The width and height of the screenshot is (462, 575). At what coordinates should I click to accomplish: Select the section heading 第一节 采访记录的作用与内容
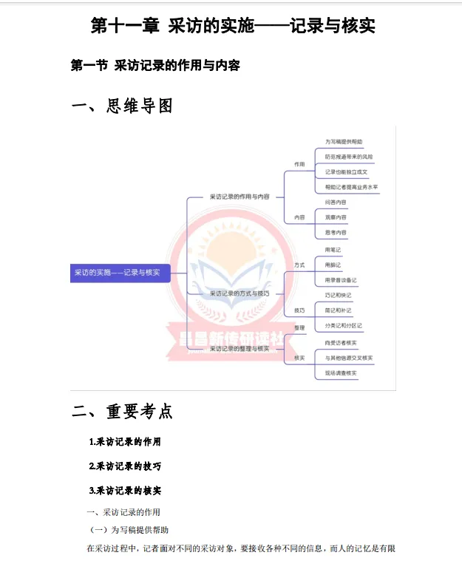155,66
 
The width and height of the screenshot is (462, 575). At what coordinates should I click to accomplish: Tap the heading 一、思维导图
122,106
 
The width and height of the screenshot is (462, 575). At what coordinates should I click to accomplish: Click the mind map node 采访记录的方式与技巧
240,293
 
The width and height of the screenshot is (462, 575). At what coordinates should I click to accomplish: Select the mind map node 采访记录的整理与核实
240,347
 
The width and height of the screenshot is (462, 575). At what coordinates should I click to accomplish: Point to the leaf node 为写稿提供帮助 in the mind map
344,141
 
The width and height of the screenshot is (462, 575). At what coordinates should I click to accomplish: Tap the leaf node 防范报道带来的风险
349,157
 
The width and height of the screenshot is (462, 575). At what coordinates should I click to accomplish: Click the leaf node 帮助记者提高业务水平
351,187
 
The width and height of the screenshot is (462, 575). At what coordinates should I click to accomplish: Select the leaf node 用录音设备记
341,280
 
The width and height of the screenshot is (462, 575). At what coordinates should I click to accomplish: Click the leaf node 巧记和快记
339,295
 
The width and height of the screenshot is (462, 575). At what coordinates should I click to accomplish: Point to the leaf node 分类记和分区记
343,325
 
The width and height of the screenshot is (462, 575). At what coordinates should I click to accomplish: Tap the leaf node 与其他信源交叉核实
348,358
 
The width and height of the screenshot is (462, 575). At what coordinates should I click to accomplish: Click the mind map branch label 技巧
299,310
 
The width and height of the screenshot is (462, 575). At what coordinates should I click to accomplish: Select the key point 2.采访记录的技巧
125,466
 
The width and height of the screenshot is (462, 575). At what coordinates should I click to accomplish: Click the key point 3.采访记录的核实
125,490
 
